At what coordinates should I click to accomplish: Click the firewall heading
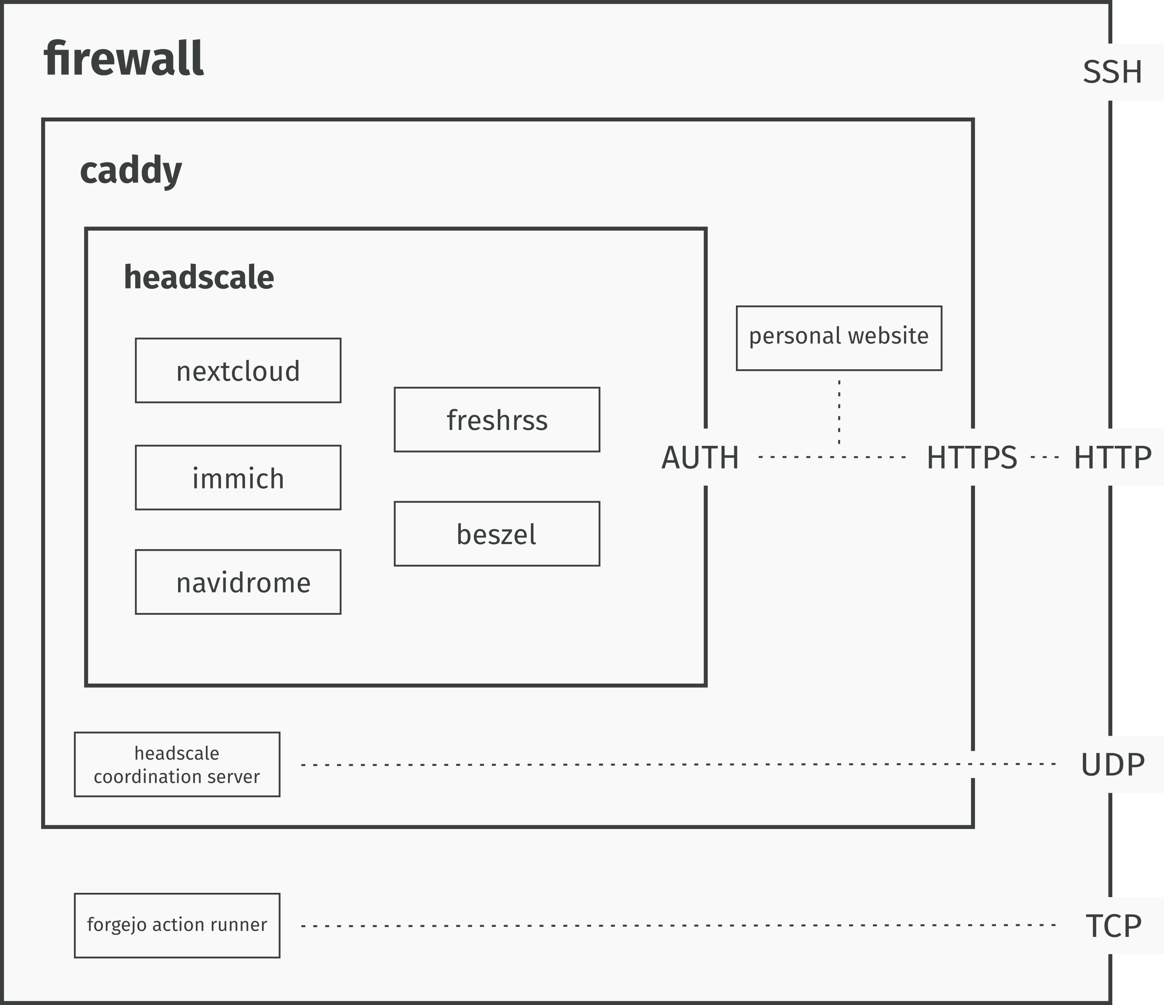(123, 58)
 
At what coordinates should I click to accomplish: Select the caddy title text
(131, 170)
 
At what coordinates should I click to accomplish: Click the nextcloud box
(238, 370)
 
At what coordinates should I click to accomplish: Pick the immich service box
(238, 478)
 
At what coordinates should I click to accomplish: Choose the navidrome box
(238, 582)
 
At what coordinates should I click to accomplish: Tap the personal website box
(839, 338)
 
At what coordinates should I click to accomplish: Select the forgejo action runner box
(177, 925)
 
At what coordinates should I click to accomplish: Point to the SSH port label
(1112, 72)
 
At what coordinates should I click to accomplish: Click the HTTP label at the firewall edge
(1112, 457)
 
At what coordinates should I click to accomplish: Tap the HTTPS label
(972, 457)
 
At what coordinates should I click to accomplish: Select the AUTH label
(700, 457)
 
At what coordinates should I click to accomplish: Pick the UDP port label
(1112, 765)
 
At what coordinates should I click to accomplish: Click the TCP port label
(1114, 926)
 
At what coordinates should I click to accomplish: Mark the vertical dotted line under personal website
(839, 410)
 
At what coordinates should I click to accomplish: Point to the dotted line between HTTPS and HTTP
(1045, 457)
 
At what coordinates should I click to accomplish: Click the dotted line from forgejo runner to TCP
(674, 925)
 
